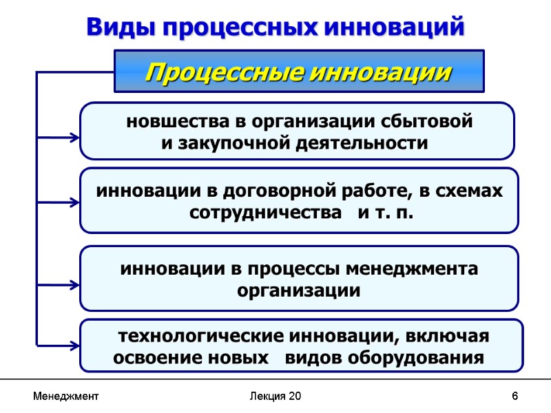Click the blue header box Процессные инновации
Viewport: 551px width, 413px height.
click(299, 71)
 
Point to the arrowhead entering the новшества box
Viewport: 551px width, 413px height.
click(74, 138)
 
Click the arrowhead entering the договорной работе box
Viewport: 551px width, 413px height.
click(74, 203)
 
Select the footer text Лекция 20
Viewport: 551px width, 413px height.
click(275, 396)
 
